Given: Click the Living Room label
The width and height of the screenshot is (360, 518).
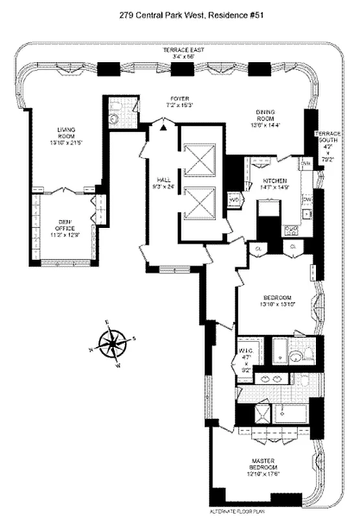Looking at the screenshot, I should [x=67, y=133].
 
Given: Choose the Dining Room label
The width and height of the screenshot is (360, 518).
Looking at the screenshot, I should [x=264, y=115].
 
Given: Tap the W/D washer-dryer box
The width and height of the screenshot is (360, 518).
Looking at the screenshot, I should [x=235, y=201].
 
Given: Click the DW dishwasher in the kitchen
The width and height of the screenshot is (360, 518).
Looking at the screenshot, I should [x=308, y=199].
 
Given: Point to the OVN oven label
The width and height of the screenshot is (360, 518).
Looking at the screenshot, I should [x=306, y=164].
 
